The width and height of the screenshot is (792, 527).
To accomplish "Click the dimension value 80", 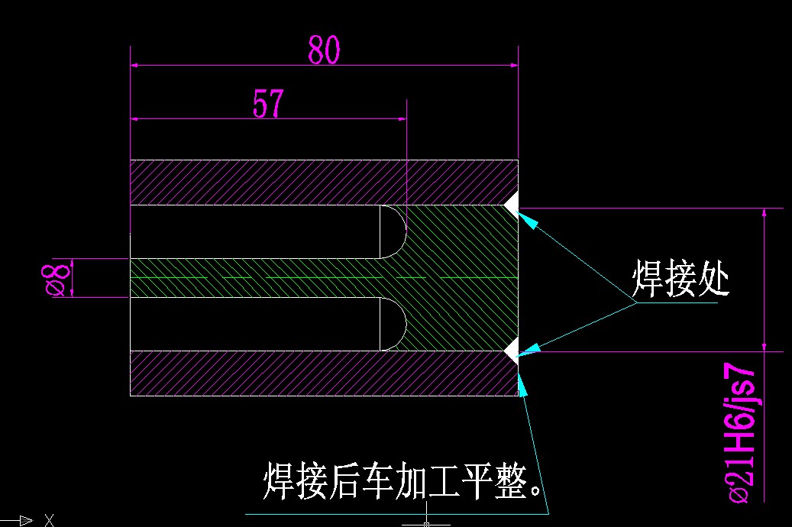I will click(324, 50).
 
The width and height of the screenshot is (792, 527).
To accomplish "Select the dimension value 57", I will click(268, 104).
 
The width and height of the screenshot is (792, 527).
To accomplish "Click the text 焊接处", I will click(680, 280).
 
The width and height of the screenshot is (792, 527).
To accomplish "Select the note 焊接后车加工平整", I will click(405, 480).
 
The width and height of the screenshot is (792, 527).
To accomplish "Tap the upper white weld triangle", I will click(512, 201).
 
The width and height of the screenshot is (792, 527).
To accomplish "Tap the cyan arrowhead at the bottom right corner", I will click(523, 387).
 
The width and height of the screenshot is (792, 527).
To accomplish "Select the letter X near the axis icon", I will click(50, 521).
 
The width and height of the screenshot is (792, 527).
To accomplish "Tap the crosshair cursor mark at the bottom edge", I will click(425, 524).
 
